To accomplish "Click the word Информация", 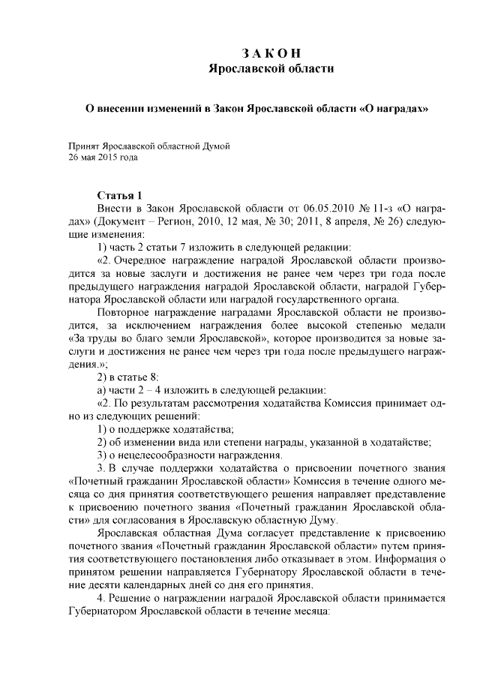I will (408, 559).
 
